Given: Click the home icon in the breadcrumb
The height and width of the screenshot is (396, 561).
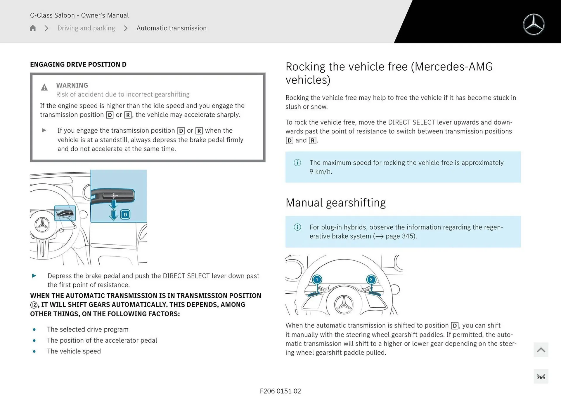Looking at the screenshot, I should tap(33, 28).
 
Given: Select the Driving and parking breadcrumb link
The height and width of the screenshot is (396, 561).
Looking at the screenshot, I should tap(86, 28).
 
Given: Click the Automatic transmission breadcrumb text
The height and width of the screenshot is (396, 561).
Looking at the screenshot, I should tap(171, 28).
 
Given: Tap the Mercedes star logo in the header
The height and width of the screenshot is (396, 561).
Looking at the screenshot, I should tap(534, 24).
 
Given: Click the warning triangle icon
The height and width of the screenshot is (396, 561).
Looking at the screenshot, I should tap(44, 87).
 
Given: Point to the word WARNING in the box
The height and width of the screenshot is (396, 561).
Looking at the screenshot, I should tap(72, 85).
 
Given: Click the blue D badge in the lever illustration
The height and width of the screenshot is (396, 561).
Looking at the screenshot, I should tap(125, 215).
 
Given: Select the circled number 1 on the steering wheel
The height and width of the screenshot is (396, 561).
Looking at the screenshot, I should tap(317, 280).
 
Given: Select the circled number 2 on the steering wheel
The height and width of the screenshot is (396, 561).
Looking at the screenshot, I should tap(371, 280).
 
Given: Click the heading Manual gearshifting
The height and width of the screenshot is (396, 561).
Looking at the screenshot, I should tap(335, 203).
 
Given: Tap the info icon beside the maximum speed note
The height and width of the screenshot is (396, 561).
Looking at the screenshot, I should tap(297, 163).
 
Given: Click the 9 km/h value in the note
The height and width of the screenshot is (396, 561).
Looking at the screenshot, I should tap(321, 172).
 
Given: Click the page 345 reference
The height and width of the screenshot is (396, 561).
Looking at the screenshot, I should tap(400, 236).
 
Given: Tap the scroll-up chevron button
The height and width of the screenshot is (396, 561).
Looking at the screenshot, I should tap(541, 350).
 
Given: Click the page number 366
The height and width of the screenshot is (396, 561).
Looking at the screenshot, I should tap(541, 377).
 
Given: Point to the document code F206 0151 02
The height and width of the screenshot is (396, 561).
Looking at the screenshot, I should tap(280, 391).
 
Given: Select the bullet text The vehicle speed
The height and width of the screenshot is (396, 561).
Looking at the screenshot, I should tap(74, 351).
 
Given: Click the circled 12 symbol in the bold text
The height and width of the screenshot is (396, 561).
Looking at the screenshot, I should tap(34, 305).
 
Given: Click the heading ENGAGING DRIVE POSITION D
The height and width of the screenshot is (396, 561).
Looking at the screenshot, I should tap(78, 64).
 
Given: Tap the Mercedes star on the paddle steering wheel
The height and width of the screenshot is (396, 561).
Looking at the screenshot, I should tap(344, 304).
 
